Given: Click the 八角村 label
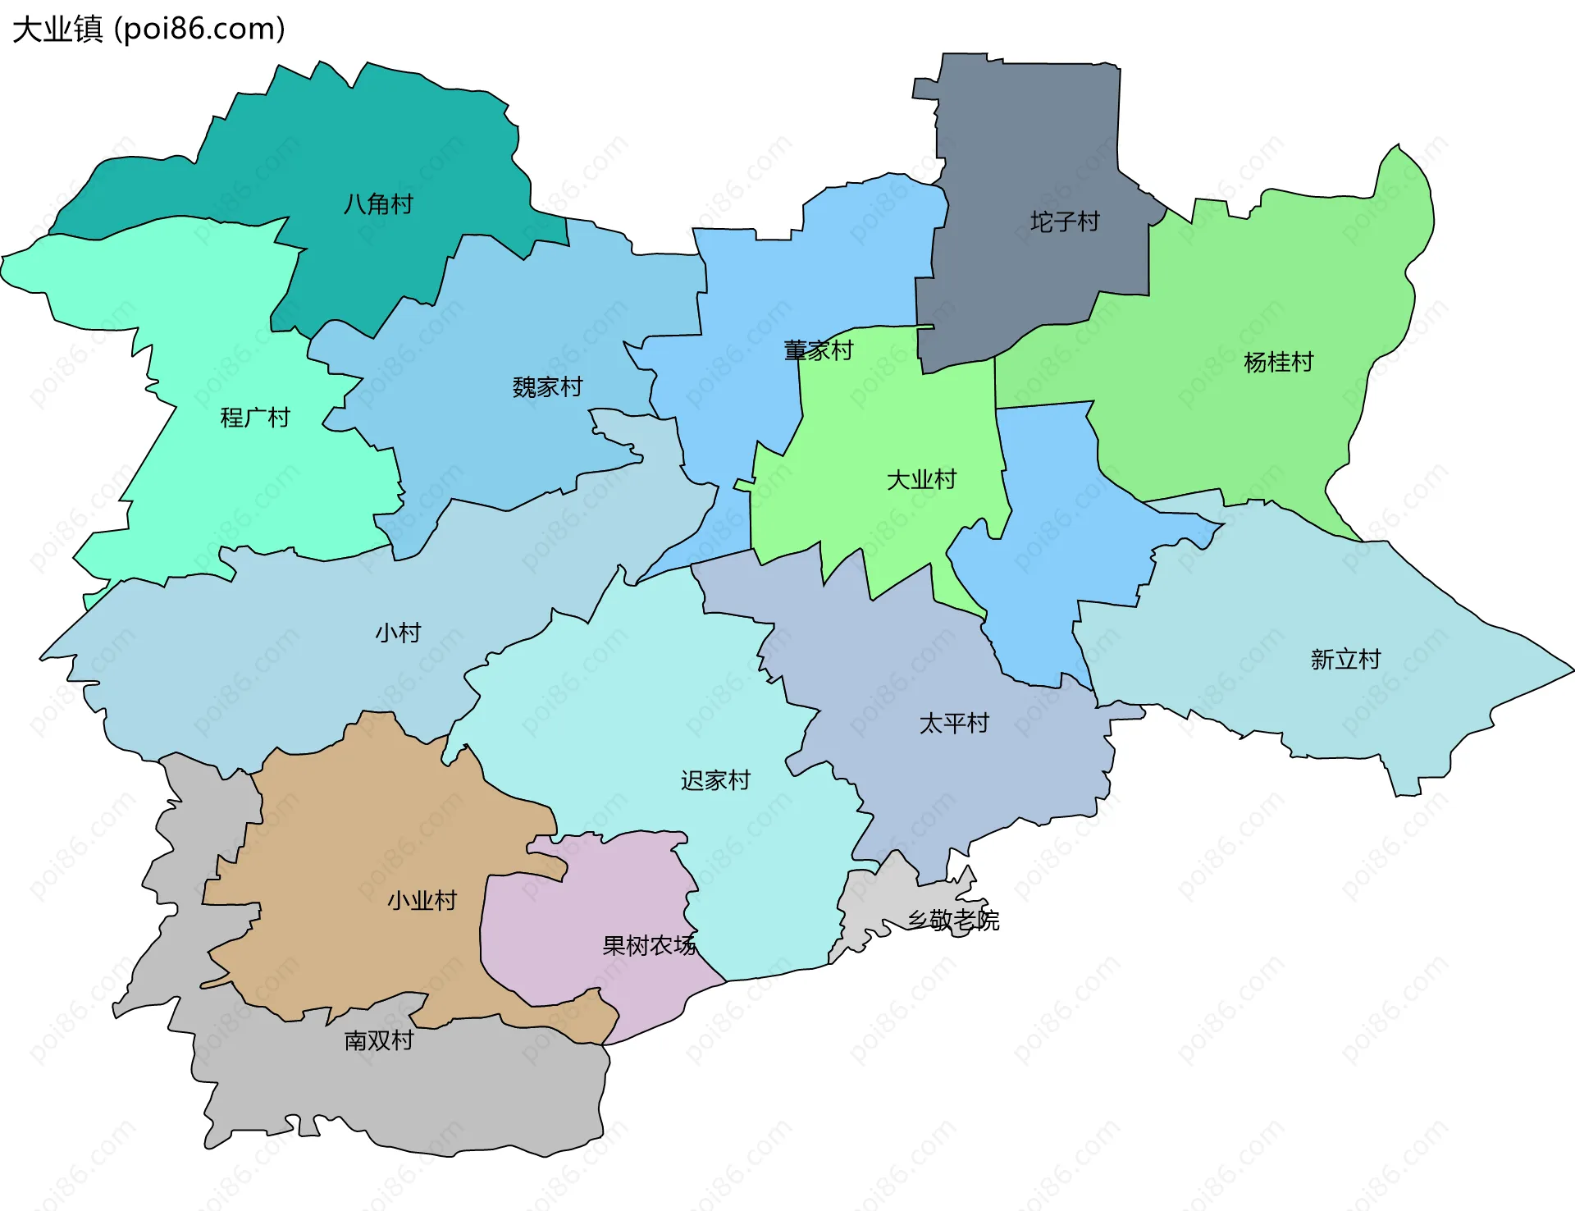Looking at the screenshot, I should click(378, 203).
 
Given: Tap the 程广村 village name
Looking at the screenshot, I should click(255, 418).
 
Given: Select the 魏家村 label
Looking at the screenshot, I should click(547, 386).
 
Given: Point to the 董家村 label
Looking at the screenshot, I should click(818, 350).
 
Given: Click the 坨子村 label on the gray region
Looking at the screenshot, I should click(1065, 222).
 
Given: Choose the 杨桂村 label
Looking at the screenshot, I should click(1278, 362).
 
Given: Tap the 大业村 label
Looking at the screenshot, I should click(921, 479).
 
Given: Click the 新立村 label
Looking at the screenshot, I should click(1345, 659).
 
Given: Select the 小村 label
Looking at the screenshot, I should click(398, 633).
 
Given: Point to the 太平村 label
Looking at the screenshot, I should click(954, 723).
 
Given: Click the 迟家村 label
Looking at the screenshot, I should click(715, 780).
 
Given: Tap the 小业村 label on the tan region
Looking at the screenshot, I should click(422, 900).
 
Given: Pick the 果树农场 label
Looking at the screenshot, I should click(649, 945).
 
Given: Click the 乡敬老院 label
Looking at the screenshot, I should click(953, 920).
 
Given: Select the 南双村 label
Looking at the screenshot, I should click(378, 1040).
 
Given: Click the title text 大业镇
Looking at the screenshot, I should click(57, 29).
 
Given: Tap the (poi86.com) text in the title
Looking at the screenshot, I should click(199, 29).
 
